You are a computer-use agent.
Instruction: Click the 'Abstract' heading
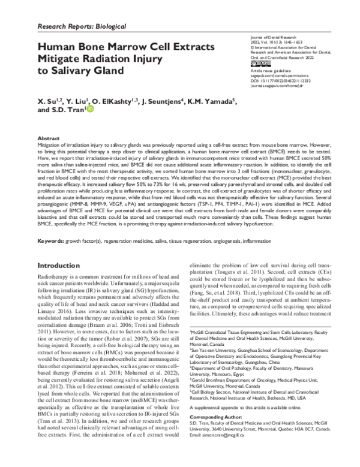[50, 137]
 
